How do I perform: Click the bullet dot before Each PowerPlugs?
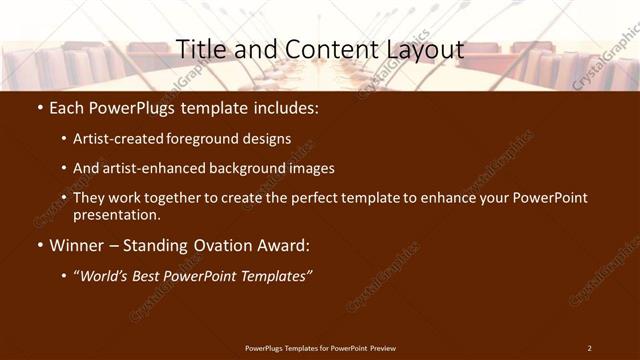[39, 108]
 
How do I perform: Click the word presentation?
[117, 214]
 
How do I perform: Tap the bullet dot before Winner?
[39, 245]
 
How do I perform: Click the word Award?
[281, 245]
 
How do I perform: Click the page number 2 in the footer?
[589, 348]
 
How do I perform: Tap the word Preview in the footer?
[382, 348]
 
